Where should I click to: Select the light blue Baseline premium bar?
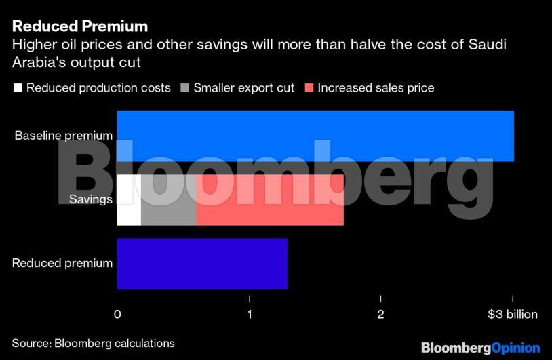coord(315,136)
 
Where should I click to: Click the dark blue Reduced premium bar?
coord(202,264)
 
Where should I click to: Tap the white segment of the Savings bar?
coord(129,200)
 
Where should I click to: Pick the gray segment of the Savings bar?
coord(168,200)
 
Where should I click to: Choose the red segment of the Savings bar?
coord(270,200)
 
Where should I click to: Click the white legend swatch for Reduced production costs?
coord(18,88)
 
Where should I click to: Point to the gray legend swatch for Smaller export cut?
coord(185,88)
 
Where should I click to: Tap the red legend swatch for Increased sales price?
coord(309,88)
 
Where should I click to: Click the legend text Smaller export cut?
coord(244,88)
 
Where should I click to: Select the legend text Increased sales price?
coord(376,88)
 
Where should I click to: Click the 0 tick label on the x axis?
coord(117,315)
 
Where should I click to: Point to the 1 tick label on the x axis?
coord(250,315)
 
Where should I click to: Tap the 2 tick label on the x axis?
coord(380,315)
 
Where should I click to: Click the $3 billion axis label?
coord(512,315)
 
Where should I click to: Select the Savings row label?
coord(90,199)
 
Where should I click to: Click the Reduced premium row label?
coord(62,263)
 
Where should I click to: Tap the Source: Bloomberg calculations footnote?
coord(93,343)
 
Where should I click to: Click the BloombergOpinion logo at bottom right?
coord(480,347)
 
